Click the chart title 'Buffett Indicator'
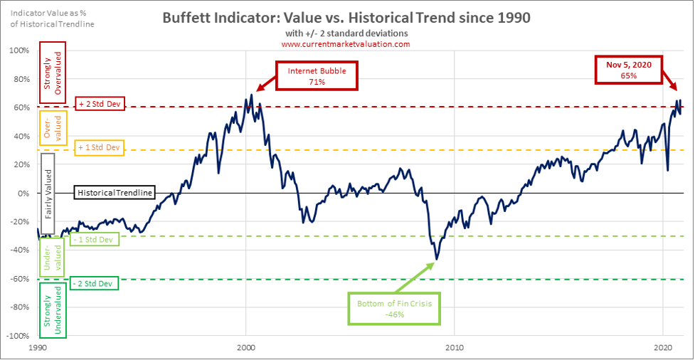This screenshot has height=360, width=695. [345, 17]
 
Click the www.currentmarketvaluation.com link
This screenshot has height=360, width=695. [345, 44]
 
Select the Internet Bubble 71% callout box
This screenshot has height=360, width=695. [307, 76]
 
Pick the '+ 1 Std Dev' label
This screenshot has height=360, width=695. [99, 149]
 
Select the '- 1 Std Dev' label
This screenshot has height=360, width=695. [95, 239]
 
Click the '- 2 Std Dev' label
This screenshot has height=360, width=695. [93, 283]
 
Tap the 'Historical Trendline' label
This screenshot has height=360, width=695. [115, 193]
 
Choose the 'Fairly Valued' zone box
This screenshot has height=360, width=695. [48, 193]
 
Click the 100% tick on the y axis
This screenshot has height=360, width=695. [19, 51]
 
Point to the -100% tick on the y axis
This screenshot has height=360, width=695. [18, 335]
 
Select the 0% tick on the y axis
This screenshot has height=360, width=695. [23, 193]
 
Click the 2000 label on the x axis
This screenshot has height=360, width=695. [245, 348]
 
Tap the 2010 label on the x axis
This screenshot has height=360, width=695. [455, 348]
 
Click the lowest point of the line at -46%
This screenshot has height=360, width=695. [435, 259]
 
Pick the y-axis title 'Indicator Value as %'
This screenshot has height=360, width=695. [49, 14]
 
